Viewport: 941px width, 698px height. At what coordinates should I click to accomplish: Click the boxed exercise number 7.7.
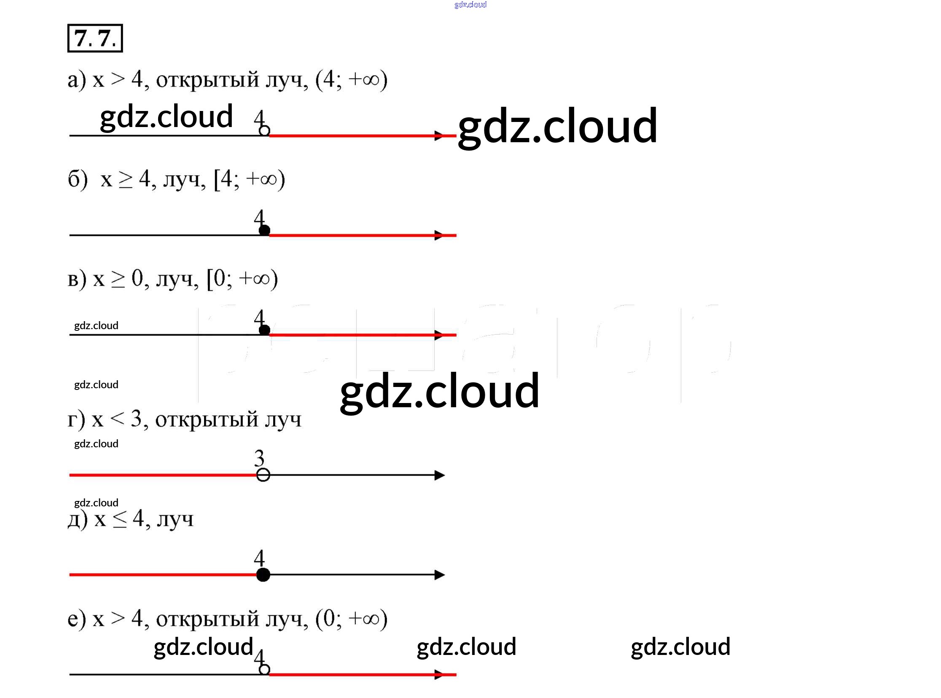coord(95,38)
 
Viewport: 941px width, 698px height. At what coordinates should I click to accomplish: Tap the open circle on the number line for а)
coord(264,130)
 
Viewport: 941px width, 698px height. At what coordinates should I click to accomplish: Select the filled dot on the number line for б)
coord(264,230)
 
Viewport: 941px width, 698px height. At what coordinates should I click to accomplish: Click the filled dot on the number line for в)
coord(264,330)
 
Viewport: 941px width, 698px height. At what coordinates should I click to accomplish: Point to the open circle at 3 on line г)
coord(263,475)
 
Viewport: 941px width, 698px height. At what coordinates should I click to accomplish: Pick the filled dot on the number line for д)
coord(263,575)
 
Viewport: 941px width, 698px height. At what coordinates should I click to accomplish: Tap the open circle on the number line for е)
coord(264,669)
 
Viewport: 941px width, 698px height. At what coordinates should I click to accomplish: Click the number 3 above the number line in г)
coord(259,457)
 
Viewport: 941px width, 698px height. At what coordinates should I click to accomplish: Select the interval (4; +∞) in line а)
coord(351,79)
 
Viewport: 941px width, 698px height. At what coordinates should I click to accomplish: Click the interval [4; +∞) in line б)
coord(250,179)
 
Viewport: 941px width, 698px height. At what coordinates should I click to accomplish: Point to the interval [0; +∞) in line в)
coord(242,279)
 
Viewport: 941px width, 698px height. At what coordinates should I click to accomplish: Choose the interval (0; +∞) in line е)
coord(351,619)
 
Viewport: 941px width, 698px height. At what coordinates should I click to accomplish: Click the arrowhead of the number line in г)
coord(439,475)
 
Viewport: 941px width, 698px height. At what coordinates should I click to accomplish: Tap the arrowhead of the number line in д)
coord(439,575)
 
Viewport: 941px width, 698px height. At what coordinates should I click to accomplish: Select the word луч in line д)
coord(175,519)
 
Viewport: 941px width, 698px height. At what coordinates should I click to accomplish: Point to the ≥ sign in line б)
coord(125,180)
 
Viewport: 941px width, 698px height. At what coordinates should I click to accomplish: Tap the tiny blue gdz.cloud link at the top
coord(470,5)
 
